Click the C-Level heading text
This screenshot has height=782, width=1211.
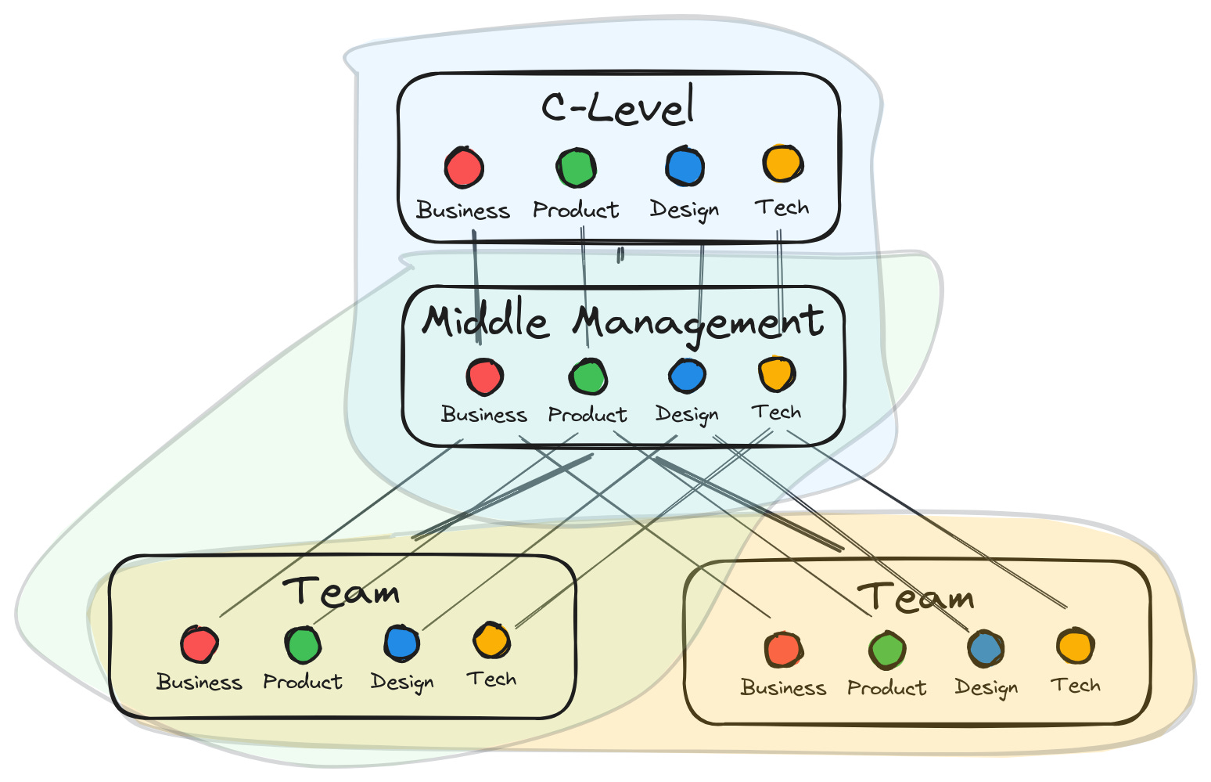tap(618, 108)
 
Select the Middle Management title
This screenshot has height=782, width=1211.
tap(623, 322)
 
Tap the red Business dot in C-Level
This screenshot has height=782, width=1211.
tap(464, 168)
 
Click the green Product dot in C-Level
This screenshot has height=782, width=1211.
tap(577, 168)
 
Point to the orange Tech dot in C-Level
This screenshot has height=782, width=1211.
tap(782, 164)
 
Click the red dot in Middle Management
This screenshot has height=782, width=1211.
tap(484, 377)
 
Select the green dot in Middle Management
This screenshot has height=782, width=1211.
tap(588, 377)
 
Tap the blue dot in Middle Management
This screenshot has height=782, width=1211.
tap(688, 376)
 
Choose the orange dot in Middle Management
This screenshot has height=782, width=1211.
tap(777, 374)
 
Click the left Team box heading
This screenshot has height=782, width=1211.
tap(342, 592)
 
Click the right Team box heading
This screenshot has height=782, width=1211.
tap(917, 597)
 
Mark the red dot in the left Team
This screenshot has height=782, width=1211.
tap(199, 645)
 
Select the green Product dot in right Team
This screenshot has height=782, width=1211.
tap(887, 650)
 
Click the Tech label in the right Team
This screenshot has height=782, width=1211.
tap(1076, 686)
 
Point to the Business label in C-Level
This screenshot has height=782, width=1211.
tap(463, 211)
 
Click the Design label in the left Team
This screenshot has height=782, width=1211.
tap(402, 682)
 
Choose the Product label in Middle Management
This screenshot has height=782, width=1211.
tap(588, 414)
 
